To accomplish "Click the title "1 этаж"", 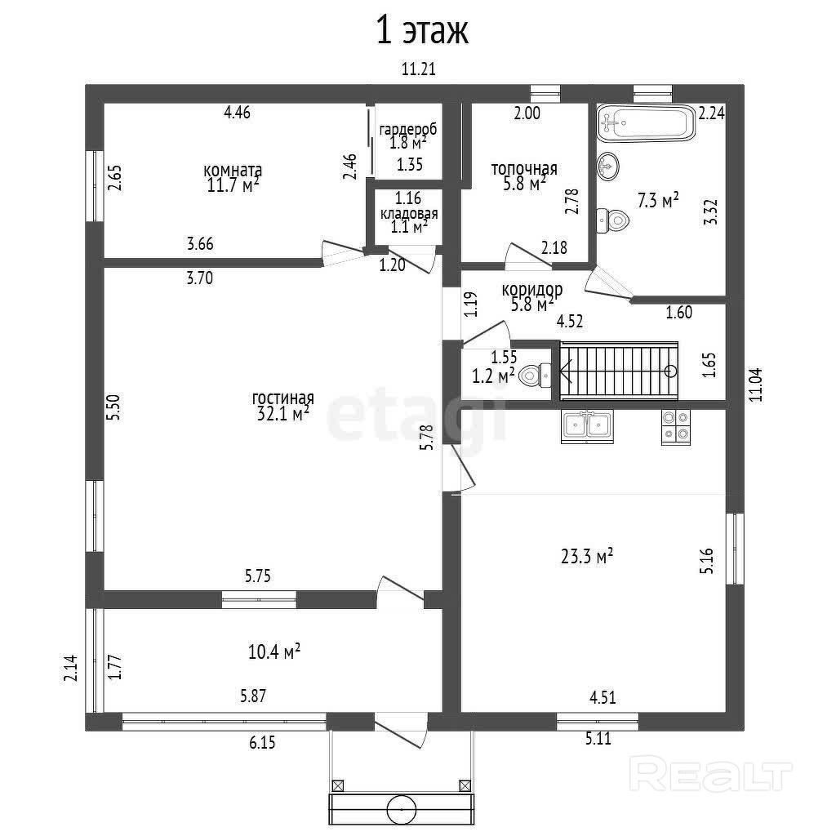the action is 421,32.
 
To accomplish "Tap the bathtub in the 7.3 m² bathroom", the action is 646,122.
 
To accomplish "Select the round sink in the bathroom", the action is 608,166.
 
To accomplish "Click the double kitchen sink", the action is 587,426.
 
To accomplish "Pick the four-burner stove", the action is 674,426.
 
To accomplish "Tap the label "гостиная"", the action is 283,398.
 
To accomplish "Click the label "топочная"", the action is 523,169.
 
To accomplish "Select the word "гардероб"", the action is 408,129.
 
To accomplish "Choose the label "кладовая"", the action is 409,214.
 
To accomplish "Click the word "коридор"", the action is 532,290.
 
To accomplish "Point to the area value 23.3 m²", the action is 587,558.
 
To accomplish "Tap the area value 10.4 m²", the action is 274,651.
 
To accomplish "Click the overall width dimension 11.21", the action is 419,69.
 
